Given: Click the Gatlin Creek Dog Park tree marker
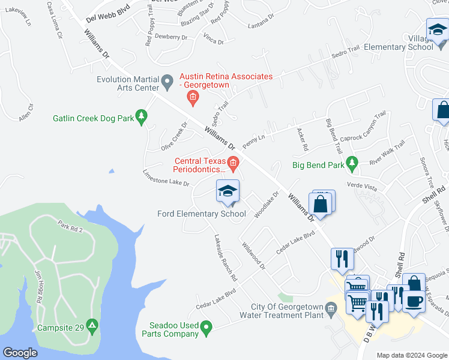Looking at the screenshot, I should point(142,116).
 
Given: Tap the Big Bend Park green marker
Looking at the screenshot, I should point(352,162).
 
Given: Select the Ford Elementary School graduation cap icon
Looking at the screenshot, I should point(228,191).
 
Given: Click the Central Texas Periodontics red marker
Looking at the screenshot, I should point(234,162).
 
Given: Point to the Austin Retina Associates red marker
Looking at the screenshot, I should point(193,96).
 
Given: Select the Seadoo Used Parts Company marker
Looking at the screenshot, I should point(206,327).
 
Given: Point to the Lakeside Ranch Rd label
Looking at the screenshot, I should point(226,257).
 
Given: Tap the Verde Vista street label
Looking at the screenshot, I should point(363,187).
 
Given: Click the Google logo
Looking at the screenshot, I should point(20,353).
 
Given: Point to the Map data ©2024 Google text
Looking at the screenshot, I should point(411,355).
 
